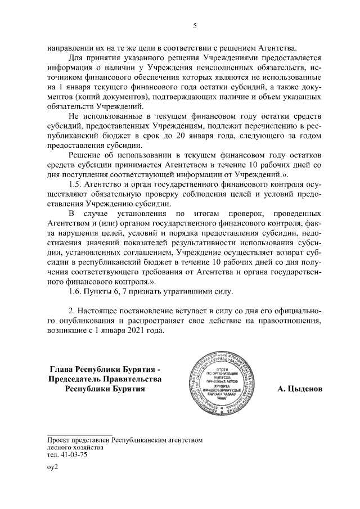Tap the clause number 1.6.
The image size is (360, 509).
coord(76,291)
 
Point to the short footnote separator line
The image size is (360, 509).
coord(75,431)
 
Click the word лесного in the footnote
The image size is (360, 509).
coord(61,448)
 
